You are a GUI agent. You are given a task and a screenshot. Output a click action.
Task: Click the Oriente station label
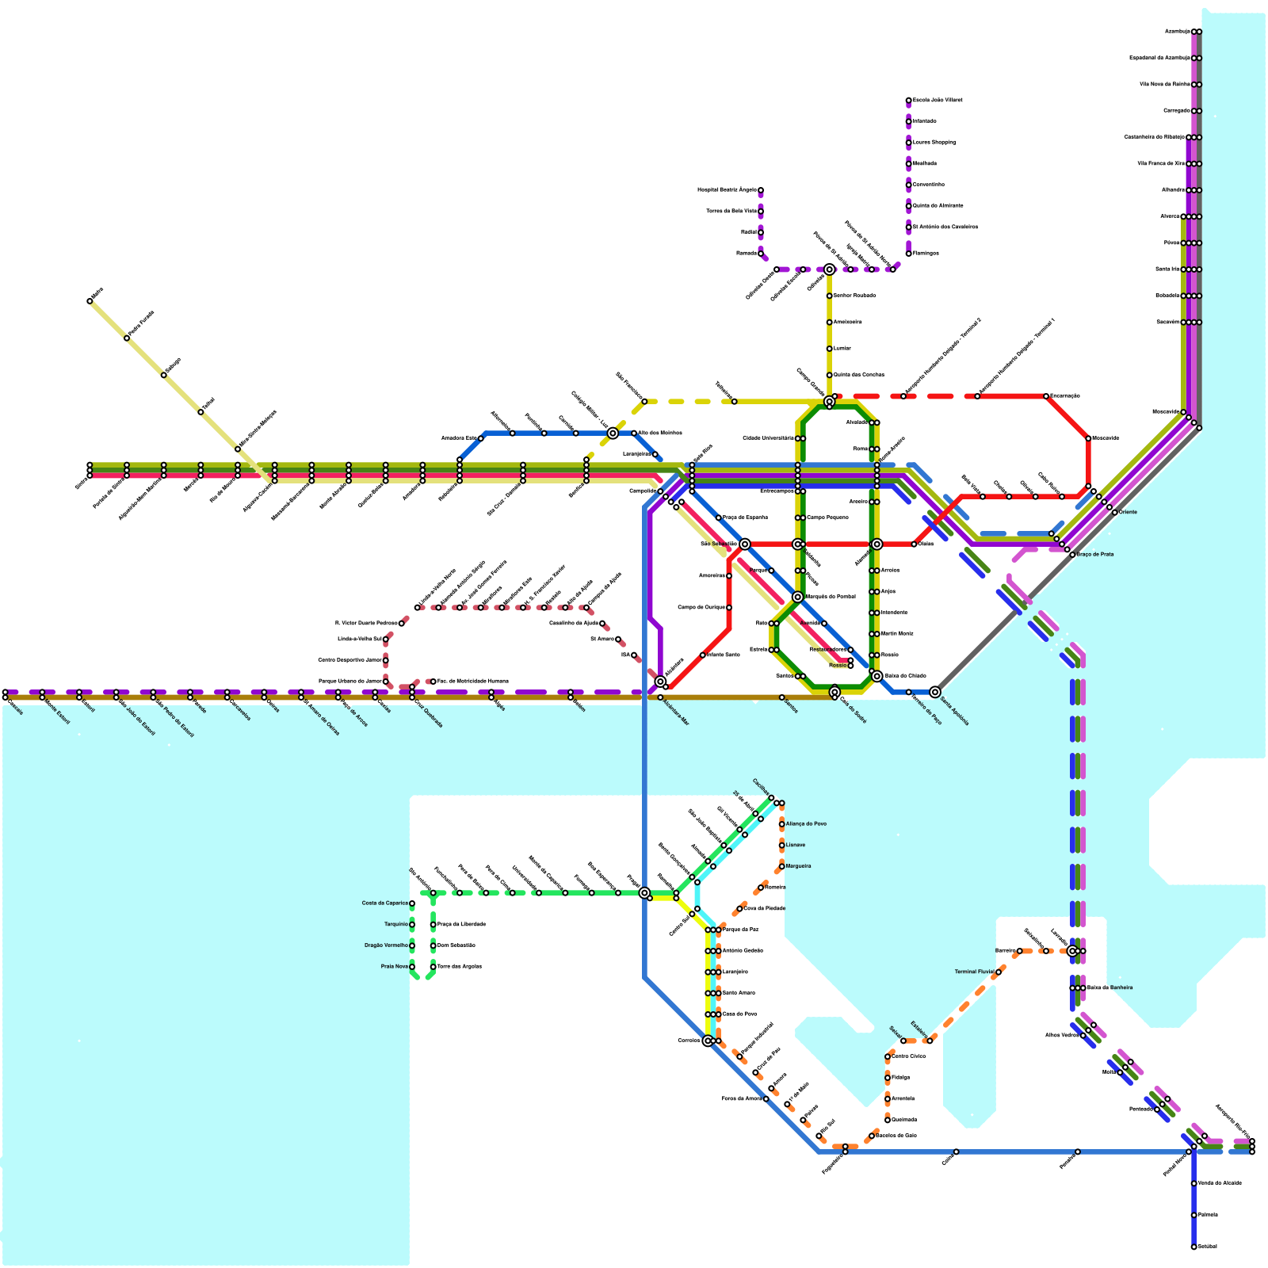pyautogui.click(x=1128, y=512)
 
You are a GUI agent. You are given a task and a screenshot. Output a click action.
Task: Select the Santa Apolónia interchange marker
pyautogui.click(x=935, y=692)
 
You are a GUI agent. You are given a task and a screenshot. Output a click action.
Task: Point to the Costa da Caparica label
pyautogui.click(x=385, y=903)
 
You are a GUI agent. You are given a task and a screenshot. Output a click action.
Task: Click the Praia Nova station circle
pyautogui.click(x=412, y=967)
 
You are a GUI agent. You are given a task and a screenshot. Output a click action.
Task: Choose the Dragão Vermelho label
pyautogui.click(x=386, y=945)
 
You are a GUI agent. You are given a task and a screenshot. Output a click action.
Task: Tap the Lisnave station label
pyautogui.click(x=796, y=846)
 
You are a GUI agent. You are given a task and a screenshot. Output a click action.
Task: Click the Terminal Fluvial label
pyautogui.click(x=974, y=972)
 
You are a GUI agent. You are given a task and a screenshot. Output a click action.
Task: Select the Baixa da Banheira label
pyautogui.click(x=1109, y=987)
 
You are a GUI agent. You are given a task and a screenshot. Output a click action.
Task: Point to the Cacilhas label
pyautogui.click(x=760, y=786)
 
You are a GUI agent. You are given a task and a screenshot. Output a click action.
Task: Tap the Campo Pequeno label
pyautogui.click(x=828, y=518)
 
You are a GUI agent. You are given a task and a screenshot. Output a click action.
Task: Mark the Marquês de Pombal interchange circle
pyautogui.click(x=798, y=597)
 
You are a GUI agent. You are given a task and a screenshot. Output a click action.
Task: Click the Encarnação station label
pyautogui.click(x=1065, y=395)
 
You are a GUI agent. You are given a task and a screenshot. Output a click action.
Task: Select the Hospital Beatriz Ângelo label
pyautogui.click(x=727, y=190)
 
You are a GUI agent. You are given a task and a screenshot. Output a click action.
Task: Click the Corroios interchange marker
pyautogui.click(x=708, y=1041)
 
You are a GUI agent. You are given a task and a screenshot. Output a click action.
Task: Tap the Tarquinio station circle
pyautogui.click(x=412, y=925)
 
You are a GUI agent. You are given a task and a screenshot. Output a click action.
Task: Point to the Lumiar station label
pyautogui.click(x=842, y=349)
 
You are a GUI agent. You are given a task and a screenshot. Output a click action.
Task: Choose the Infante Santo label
pyautogui.click(x=723, y=655)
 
